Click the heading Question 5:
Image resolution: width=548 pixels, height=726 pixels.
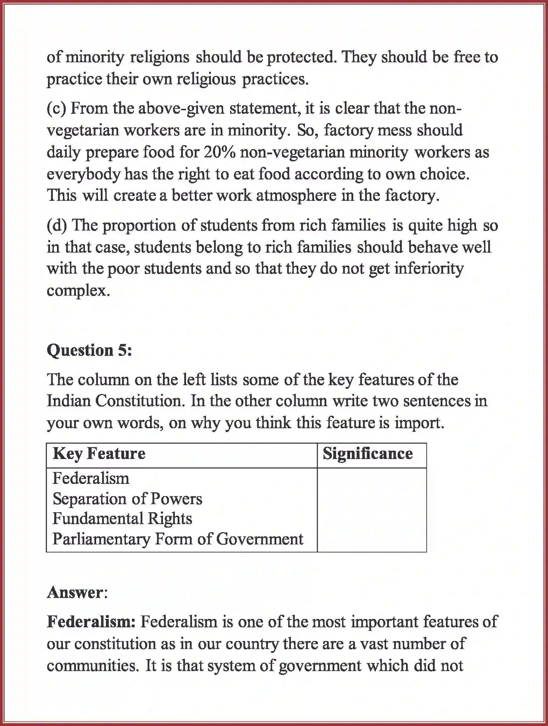[x=90, y=350]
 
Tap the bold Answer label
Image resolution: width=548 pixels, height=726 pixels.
[x=76, y=592]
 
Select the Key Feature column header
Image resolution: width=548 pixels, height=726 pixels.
[x=99, y=454]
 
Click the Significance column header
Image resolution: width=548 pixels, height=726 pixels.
[x=368, y=454]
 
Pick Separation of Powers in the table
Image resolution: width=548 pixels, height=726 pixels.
[x=127, y=499]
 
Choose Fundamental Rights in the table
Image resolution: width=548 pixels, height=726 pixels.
[x=122, y=519]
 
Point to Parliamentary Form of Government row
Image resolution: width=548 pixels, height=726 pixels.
[x=178, y=539]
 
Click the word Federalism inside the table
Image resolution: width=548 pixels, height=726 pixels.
[x=91, y=479]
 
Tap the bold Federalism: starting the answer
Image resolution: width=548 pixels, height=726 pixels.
[x=91, y=622]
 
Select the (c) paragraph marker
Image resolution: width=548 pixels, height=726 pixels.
[x=56, y=109]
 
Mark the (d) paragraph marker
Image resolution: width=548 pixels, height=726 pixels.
[x=57, y=225]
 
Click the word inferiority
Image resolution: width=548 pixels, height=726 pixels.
[x=429, y=269]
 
